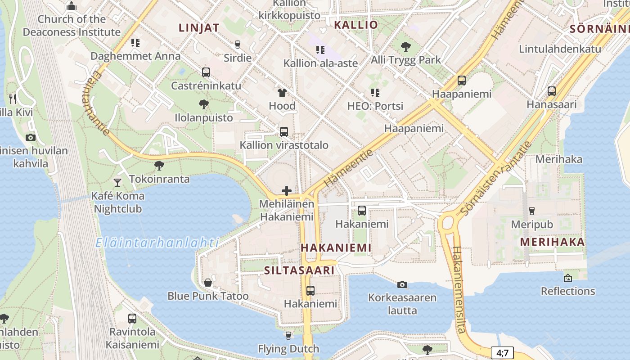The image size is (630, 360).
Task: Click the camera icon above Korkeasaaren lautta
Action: pos(402,284)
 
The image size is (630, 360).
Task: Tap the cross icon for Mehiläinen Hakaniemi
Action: pos(286,191)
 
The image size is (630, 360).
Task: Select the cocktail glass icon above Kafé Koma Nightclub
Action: pos(117,182)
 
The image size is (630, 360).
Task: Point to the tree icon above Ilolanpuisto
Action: pos(204,104)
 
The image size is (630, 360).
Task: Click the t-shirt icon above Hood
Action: pos(282,93)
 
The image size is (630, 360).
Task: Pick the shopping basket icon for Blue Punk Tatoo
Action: pos(208,283)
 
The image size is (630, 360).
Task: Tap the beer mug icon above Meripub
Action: pos(532,211)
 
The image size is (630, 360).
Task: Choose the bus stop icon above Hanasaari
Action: pos(552,91)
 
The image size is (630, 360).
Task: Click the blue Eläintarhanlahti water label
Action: pos(157,243)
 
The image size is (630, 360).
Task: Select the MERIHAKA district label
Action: pos(553,242)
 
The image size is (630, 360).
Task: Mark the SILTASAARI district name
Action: pos(299,270)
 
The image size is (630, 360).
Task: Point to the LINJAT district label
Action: pos(199,28)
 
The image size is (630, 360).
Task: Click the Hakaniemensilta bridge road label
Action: pos(459,290)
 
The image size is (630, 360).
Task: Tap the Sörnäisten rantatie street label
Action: pos(497,179)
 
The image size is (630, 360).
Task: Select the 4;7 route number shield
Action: pos(502,352)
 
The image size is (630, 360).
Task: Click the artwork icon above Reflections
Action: pos(568,278)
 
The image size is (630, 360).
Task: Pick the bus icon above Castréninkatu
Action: pos(206,72)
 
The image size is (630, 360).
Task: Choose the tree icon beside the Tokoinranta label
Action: pos(159,166)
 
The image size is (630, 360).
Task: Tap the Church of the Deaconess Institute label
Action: pos(72,26)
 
